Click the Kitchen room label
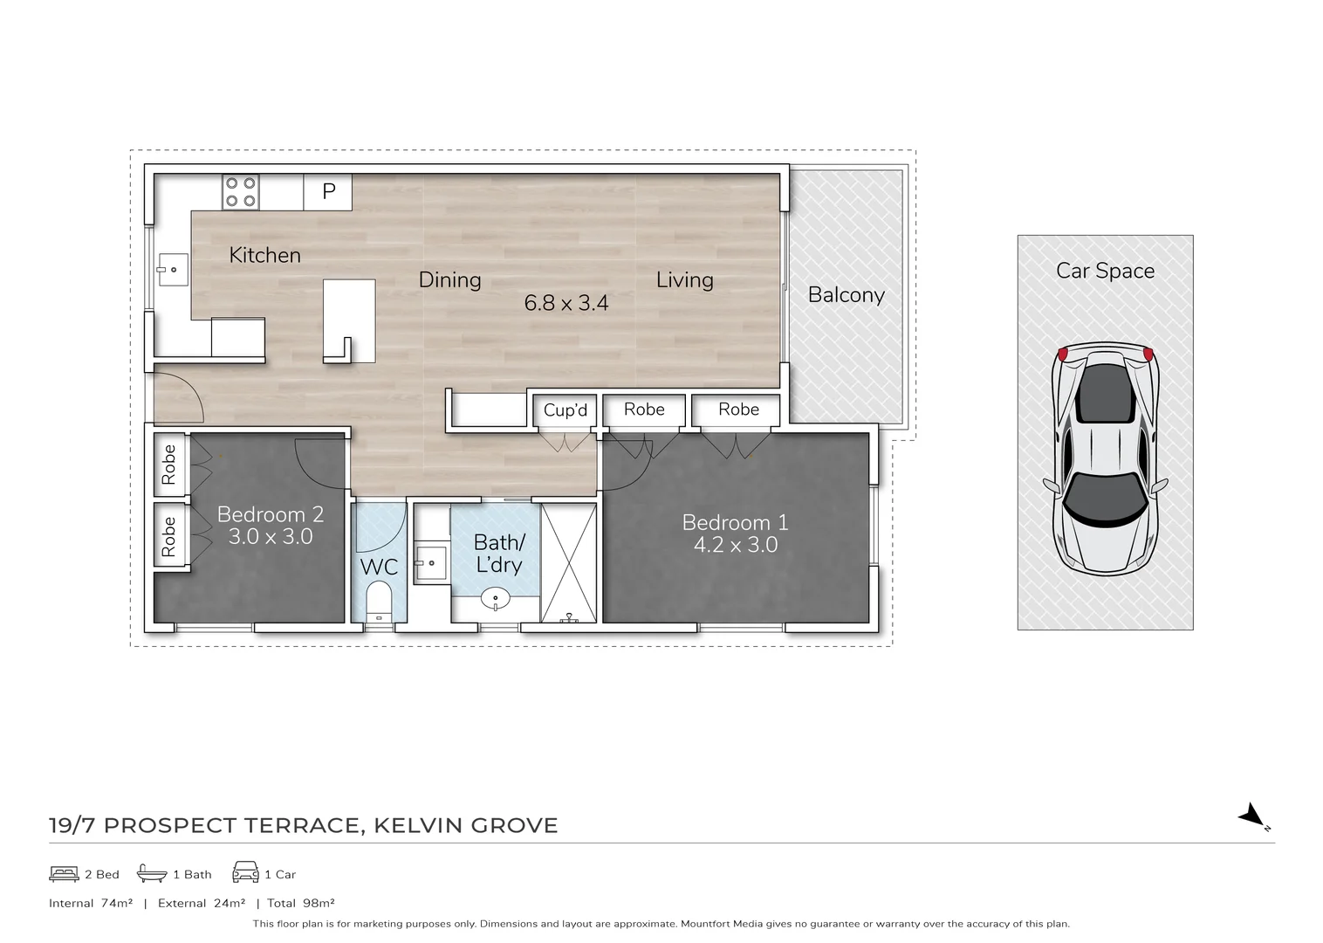click(264, 255)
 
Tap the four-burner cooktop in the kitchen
click(241, 192)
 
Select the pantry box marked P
click(328, 191)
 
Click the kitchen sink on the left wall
click(173, 270)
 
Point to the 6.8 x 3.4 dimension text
click(566, 303)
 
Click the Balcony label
click(846, 295)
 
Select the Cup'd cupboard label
click(566, 410)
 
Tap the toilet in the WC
click(379, 601)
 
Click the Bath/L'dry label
click(498, 554)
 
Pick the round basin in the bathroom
click(496, 600)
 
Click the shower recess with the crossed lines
click(569, 562)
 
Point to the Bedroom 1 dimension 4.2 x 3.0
click(735, 546)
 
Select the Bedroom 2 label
click(271, 514)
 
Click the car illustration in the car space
click(1105, 458)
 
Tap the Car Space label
click(1105, 271)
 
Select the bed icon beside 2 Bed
click(64, 873)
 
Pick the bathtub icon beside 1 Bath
click(152, 873)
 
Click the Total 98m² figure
click(301, 904)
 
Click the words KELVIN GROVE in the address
click(466, 825)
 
